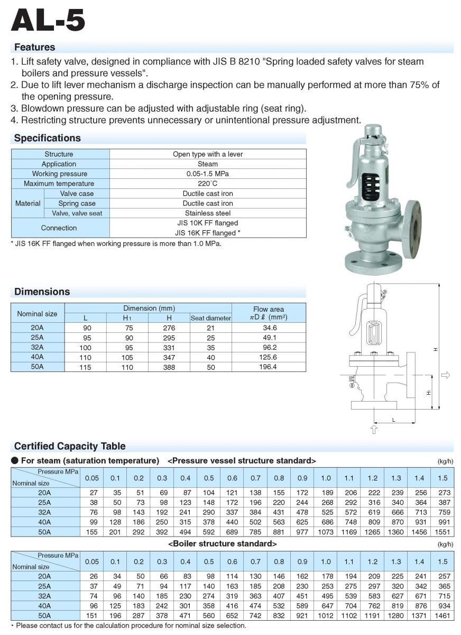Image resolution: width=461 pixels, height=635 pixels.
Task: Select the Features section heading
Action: pyautogui.click(x=34, y=47)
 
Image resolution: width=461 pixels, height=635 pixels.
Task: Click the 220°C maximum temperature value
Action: pyautogui.click(x=207, y=184)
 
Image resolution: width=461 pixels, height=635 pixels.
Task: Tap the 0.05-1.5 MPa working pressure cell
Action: pyautogui.click(x=207, y=174)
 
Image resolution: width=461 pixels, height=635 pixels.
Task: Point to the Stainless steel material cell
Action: pyautogui.click(x=207, y=213)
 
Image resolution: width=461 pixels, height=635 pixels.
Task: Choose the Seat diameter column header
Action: pyautogui.click(x=210, y=318)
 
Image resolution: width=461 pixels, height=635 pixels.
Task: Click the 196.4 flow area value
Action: pyautogui.click(x=269, y=367)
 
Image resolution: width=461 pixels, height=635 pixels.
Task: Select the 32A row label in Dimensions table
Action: pyautogui.click(x=38, y=348)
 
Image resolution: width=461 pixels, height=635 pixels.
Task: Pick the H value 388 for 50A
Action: pyautogui.click(x=169, y=367)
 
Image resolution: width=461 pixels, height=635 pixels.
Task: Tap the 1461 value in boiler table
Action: pyautogui.click(x=442, y=615)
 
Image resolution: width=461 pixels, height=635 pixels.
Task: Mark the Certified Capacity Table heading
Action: pyautogui.click(x=70, y=446)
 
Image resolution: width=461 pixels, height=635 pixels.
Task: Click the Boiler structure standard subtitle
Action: pyautogui.click(x=223, y=543)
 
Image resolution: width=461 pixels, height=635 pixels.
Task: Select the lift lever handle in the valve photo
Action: pyautogui.click(x=349, y=164)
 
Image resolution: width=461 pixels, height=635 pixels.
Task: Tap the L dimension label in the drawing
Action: pyautogui.click(x=394, y=419)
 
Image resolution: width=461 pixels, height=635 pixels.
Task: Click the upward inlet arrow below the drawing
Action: pyautogui.click(x=374, y=429)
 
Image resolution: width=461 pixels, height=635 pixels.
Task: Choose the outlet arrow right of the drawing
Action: pyautogui.click(x=445, y=375)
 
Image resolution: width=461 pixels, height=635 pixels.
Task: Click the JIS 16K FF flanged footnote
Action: pyautogui.click(x=116, y=243)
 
